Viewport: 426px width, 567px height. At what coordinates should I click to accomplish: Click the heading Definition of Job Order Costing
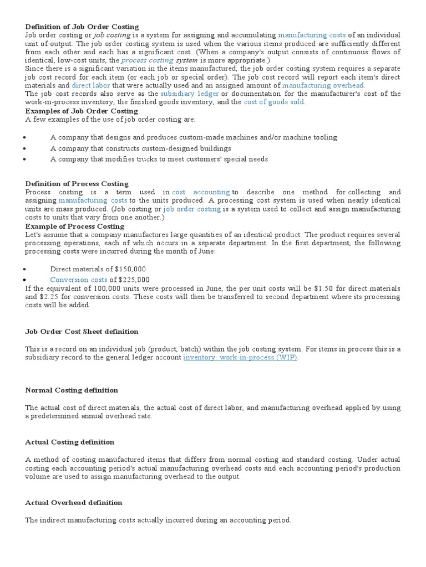point(82,27)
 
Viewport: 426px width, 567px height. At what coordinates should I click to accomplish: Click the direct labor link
point(91,86)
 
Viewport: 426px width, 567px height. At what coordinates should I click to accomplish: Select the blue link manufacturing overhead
point(323,86)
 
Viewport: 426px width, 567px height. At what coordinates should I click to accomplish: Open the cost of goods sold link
point(275,102)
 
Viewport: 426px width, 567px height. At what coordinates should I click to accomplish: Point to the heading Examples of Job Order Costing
point(82,111)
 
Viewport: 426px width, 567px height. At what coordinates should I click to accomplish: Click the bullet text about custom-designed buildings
point(140,148)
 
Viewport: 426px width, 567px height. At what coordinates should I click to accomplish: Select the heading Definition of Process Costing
point(77,184)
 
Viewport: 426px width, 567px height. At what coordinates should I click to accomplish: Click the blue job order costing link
point(192,209)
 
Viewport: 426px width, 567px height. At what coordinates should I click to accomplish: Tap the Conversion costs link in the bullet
point(79,280)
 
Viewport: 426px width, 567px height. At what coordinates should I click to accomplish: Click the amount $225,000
point(134,280)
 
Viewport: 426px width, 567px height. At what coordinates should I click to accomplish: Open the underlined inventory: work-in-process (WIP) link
point(240,358)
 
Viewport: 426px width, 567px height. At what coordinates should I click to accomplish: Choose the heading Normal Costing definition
point(72,390)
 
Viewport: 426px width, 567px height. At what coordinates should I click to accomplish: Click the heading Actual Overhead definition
point(74,503)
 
